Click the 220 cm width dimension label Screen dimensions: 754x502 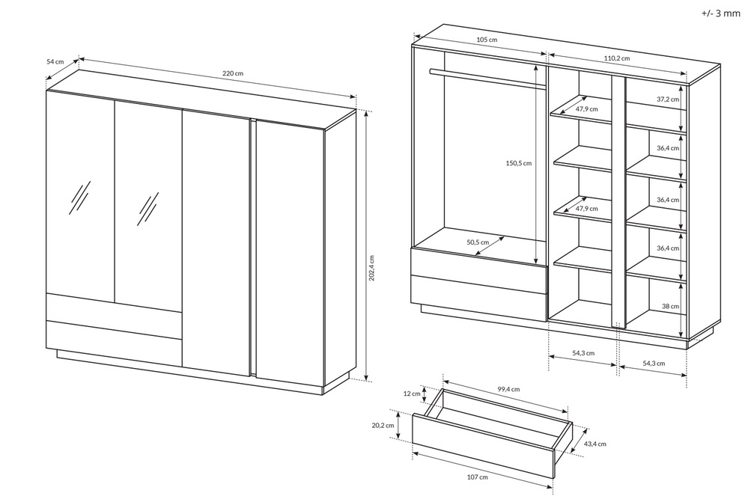(x=233, y=73)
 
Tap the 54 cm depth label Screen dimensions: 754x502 (x=55, y=61)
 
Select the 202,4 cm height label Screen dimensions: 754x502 (x=371, y=275)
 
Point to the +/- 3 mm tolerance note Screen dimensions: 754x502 (x=720, y=13)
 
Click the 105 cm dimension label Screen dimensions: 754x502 (x=487, y=40)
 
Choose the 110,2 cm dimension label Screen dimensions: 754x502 (x=617, y=58)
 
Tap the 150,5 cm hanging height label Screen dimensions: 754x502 (x=518, y=163)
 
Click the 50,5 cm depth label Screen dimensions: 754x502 (x=478, y=242)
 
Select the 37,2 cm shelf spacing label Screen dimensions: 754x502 (x=668, y=100)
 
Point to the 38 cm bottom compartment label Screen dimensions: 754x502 (x=670, y=306)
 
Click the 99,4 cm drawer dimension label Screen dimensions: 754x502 (x=508, y=389)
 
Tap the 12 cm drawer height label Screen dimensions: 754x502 (x=412, y=394)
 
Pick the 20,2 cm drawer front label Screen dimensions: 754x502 (x=383, y=425)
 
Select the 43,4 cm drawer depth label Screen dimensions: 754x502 (x=595, y=444)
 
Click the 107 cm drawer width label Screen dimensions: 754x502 (x=477, y=477)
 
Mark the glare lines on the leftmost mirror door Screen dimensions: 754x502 (x=80, y=198)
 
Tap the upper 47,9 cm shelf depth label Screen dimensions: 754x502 (x=587, y=109)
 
